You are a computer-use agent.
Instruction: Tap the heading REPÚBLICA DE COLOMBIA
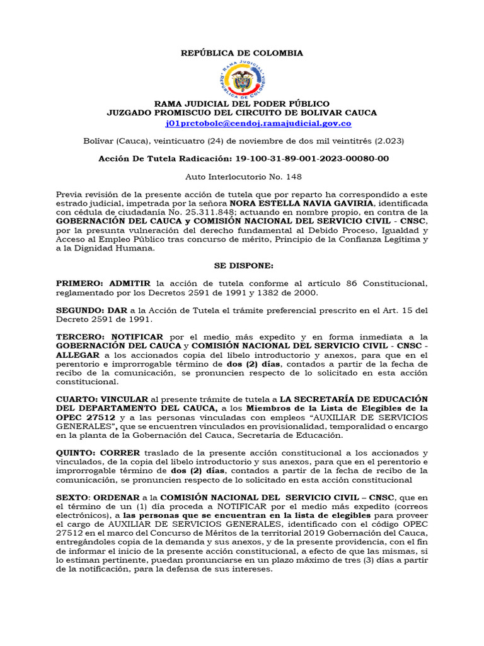pos(242,53)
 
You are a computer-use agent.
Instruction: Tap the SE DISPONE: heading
pos(242,267)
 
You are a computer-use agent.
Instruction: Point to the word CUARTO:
pos(77,399)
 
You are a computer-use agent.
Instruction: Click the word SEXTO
pos(69,498)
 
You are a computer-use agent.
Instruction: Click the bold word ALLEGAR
pos(78,355)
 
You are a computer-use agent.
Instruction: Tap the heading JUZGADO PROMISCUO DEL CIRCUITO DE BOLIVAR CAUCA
pos(242,112)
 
